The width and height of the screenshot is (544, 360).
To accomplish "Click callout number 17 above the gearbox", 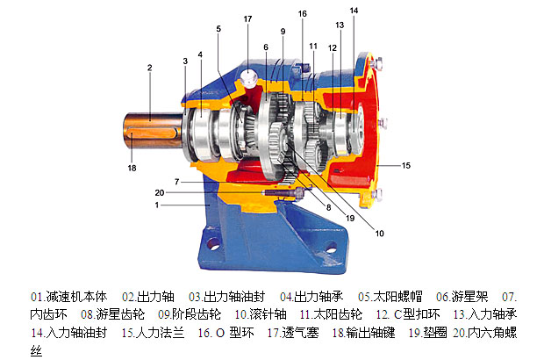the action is point(247,18).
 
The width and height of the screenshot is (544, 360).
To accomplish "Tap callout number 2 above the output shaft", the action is point(149,68).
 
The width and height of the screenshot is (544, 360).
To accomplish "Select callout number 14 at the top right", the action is point(354,11).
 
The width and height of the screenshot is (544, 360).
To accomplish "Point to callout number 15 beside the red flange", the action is point(406,166).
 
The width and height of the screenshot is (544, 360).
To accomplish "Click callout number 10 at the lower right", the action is point(380,234).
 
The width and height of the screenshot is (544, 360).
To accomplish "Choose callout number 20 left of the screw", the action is point(159,192).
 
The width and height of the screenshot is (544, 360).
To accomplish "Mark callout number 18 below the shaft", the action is point(132,168).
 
